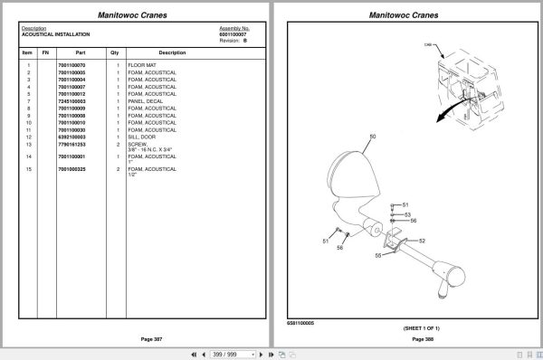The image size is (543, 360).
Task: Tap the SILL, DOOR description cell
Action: click(143, 137)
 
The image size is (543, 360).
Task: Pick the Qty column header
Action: click(115, 52)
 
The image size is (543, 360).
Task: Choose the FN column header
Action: click(44, 52)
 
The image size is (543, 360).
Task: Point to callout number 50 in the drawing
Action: click(372, 137)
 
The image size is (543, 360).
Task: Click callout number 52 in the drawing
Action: click(421, 241)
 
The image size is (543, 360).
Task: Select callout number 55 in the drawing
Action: click(377, 256)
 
